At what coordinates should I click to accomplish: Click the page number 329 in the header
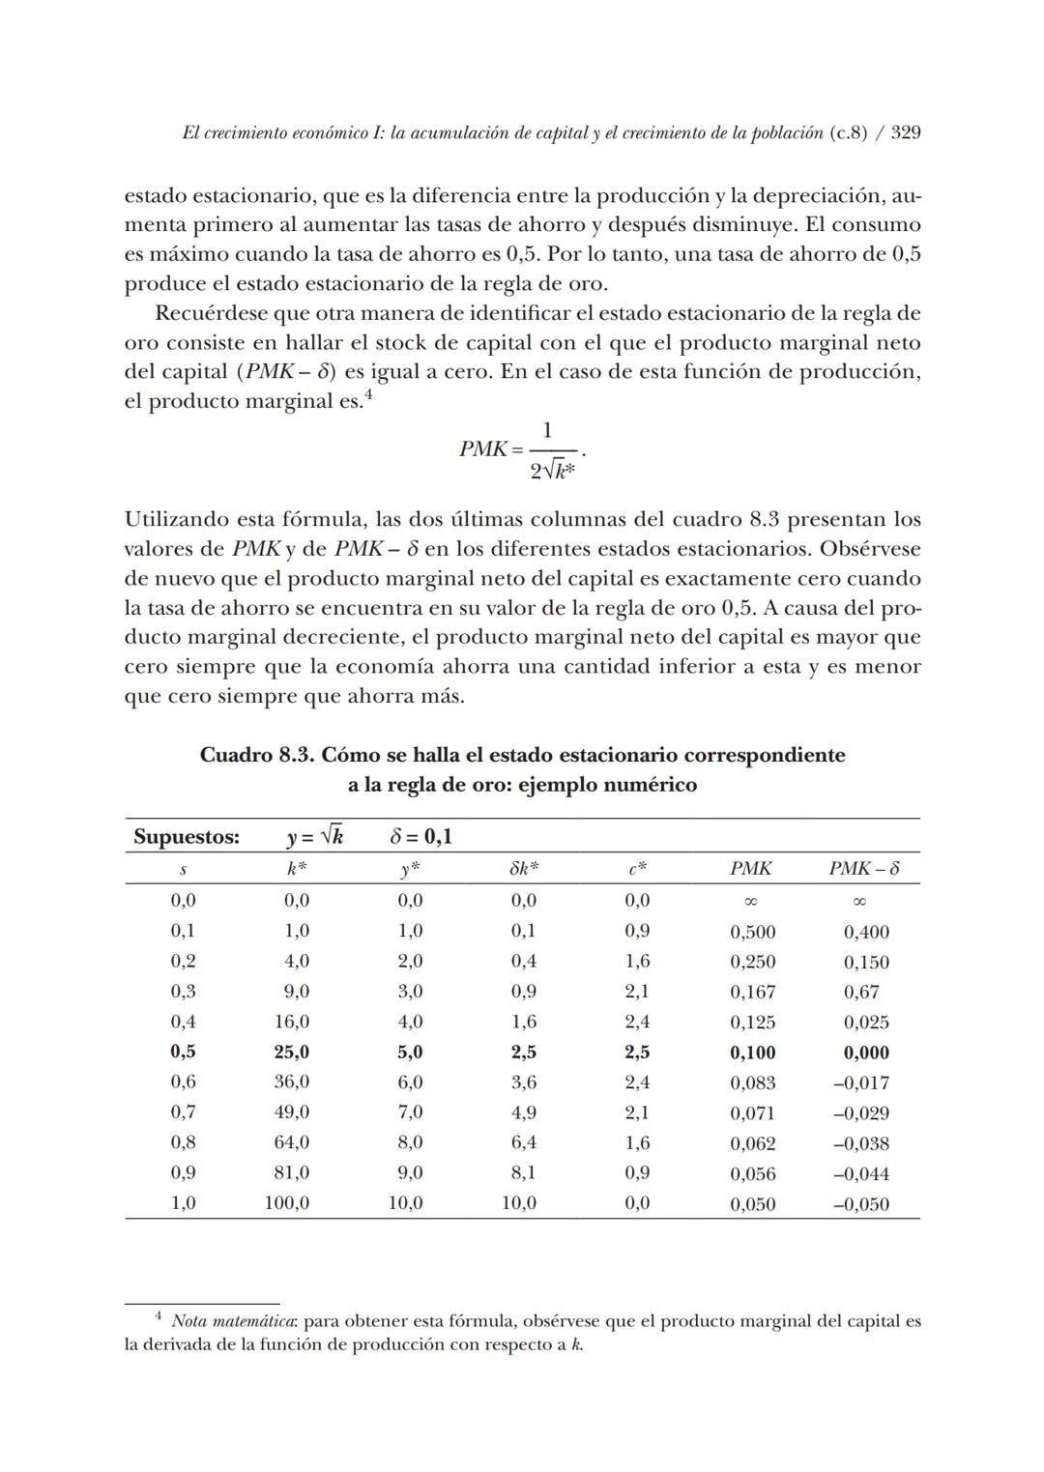(x=905, y=132)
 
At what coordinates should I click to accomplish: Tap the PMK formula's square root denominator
(x=553, y=472)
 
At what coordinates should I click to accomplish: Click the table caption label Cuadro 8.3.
(x=255, y=755)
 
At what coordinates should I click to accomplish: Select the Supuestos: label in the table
(x=187, y=837)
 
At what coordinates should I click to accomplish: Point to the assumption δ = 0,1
(x=420, y=837)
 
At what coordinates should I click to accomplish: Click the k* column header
(x=296, y=869)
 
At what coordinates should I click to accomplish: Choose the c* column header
(x=637, y=869)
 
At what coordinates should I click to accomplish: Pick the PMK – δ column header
(x=863, y=869)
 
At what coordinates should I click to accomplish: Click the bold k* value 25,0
(x=291, y=1053)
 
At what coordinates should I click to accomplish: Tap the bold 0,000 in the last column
(x=865, y=1053)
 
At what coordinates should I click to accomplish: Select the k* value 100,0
(x=287, y=1203)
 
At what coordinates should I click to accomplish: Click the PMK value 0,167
(x=752, y=993)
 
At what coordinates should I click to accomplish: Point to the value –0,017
(x=860, y=1083)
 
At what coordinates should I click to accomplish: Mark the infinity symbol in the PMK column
(x=751, y=902)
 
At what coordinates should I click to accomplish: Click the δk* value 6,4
(x=523, y=1143)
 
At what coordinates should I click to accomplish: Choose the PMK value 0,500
(x=752, y=933)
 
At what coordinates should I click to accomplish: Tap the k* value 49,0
(x=291, y=1113)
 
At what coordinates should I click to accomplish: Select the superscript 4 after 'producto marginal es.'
(x=367, y=394)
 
